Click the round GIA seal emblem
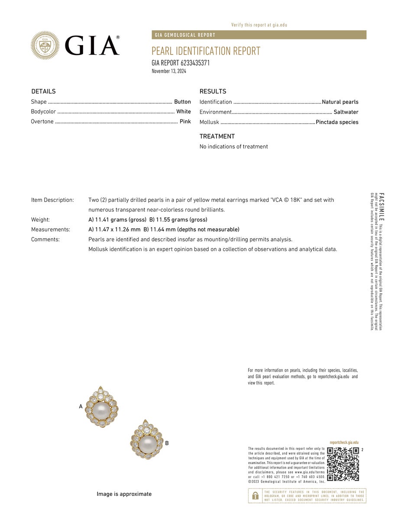coord(45,45)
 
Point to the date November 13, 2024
coord(169,71)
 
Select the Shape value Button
coord(182,102)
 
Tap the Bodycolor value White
coord(184,111)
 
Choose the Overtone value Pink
coord(185,121)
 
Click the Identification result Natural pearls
coord(340,102)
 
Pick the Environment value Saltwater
coord(346,112)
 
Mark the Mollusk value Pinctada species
coord(337,122)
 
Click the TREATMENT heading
coord(217,136)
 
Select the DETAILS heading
coord(43,92)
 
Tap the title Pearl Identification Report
coord(206,51)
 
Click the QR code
coord(343,464)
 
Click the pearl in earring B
coord(147,443)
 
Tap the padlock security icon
coord(256,495)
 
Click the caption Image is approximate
coord(124,494)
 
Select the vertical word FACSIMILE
coord(381,207)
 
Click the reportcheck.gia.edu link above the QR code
coord(344,442)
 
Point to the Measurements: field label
coord(50,229)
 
